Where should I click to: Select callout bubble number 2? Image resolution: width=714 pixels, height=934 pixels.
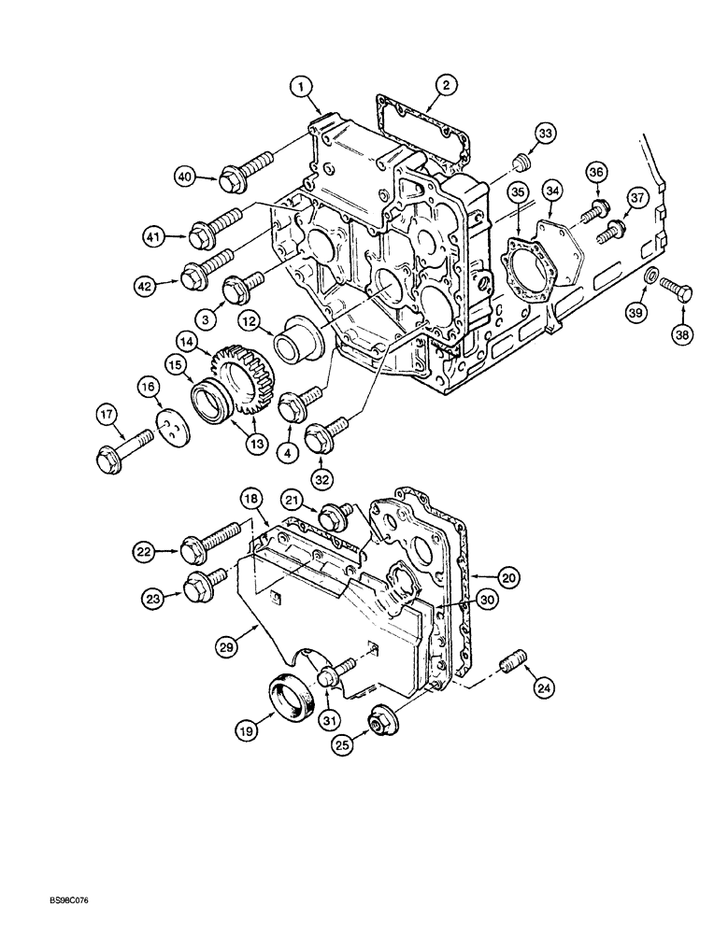pyautogui.click(x=447, y=87)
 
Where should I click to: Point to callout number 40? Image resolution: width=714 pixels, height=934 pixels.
pyautogui.click(x=185, y=175)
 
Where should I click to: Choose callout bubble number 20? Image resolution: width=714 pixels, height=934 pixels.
pyautogui.click(x=507, y=578)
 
